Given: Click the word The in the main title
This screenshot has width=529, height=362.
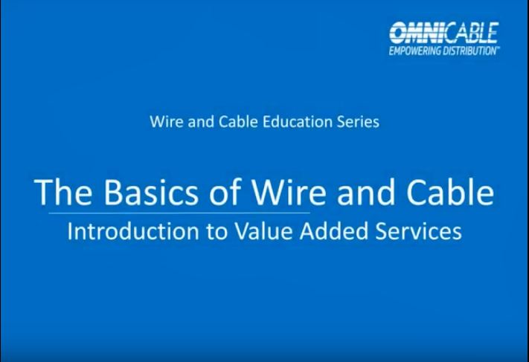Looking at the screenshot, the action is click(63, 192).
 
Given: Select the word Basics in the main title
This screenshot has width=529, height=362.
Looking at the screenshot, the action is click(150, 192).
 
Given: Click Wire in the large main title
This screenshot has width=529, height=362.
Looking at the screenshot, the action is click(289, 192).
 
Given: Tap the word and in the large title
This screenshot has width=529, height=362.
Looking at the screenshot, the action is click(366, 192).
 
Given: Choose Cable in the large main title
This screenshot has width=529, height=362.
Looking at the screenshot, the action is click(450, 191).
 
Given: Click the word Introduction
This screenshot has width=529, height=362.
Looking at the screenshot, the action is click(133, 231).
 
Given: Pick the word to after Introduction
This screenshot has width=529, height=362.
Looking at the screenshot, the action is click(217, 232).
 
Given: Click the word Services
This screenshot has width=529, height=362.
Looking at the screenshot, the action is click(419, 231).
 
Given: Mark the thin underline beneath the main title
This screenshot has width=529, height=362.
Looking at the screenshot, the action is click(179, 213).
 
